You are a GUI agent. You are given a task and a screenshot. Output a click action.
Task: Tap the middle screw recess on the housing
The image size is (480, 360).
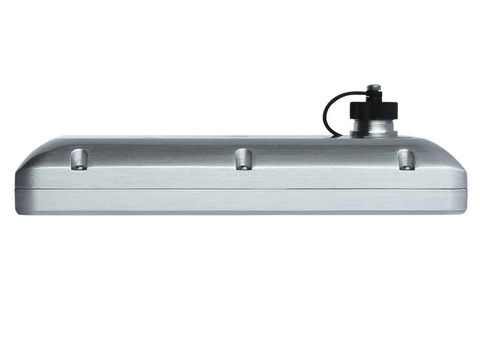(x=242, y=159)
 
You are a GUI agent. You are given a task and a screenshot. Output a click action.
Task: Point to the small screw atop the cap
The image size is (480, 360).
(x=374, y=90)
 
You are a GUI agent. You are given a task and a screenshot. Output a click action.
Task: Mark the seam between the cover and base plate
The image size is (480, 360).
(x=240, y=190)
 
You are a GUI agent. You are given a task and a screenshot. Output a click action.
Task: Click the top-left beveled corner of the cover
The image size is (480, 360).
(x=42, y=144)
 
